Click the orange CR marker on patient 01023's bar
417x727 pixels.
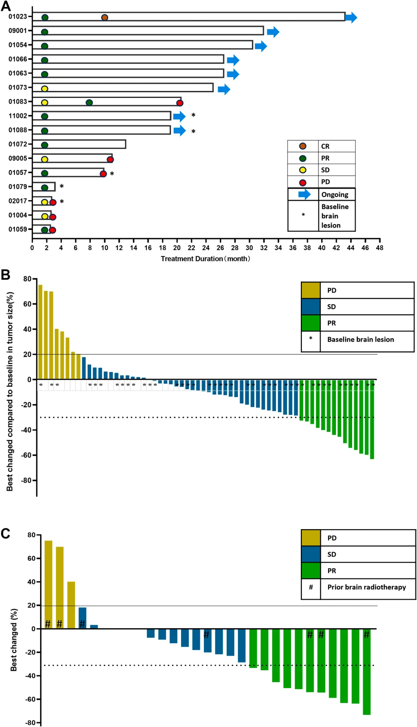(105, 18)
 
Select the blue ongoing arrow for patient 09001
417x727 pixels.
(273, 32)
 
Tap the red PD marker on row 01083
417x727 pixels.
(180, 103)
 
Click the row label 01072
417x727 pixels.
(18, 144)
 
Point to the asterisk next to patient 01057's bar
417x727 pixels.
(112, 174)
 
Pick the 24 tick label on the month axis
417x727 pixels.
(206, 248)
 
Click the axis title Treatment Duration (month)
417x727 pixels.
(205, 259)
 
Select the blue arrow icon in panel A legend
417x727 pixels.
(304, 194)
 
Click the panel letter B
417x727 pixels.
(5, 275)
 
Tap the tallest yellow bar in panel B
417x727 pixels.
(40, 332)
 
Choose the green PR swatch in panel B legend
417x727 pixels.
(311, 323)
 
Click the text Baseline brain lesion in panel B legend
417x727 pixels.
(361, 339)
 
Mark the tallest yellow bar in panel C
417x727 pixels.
(48, 584)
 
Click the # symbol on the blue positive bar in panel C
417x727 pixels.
(82, 624)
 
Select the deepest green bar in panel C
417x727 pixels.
(366, 671)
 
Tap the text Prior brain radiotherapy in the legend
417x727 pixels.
(366, 587)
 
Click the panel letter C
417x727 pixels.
(5, 533)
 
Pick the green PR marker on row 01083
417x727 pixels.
(89, 103)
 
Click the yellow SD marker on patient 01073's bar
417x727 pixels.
(44, 89)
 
